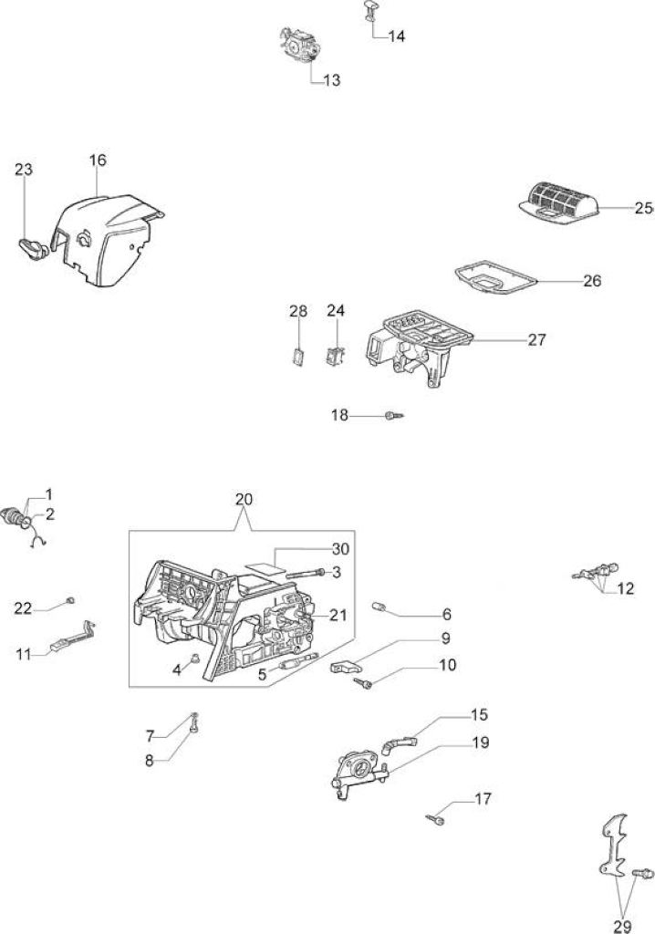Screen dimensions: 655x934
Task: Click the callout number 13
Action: coord(331,80)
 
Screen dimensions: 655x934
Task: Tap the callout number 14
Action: coord(396,36)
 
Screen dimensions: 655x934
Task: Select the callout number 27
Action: coord(537,339)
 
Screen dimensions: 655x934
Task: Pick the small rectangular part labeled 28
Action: coord(299,355)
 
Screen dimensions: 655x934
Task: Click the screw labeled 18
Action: coord(394,415)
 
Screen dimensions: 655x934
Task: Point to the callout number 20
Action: coord(244,499)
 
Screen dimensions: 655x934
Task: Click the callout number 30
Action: coord(340,548)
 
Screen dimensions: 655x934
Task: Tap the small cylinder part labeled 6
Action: coord(379,607)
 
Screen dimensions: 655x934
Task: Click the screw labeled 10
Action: coord(364,684)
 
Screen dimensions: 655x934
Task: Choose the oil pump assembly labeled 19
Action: coord(360,771)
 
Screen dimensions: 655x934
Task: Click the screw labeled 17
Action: coord(436,820)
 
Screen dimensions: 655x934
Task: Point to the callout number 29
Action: coord(622,927)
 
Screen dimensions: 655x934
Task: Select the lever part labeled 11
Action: coord(74,638)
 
